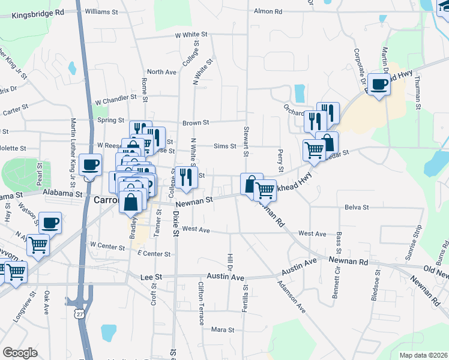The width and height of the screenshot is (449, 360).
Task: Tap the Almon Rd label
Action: [x=268, y=11]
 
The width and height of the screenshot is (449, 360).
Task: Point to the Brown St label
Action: [x=196, y=122]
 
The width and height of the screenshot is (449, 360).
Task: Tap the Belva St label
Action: [x=357, y=207]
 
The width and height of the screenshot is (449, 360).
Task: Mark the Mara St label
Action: [x=222, y=329]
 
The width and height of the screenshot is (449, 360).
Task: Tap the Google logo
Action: [x=20, y=353]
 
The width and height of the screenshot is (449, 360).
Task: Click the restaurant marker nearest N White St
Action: [x=185, y=177]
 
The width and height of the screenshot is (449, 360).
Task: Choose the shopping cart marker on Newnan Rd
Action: [x=265, y=190]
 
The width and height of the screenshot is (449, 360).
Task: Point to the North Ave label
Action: [x=161, y=72]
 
